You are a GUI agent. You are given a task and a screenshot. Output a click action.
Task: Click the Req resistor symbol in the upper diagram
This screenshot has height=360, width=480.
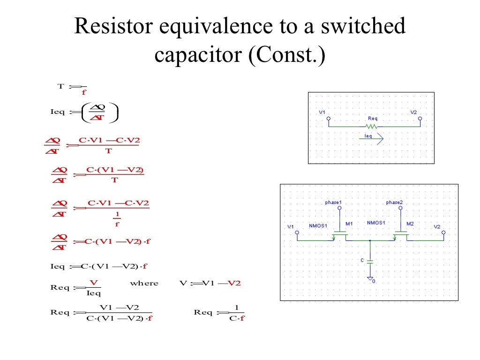pos(372,127)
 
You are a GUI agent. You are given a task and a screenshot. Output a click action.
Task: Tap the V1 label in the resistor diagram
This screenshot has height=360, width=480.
pos(322,112)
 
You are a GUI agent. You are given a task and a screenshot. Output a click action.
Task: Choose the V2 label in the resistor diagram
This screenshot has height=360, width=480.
pos(413,112)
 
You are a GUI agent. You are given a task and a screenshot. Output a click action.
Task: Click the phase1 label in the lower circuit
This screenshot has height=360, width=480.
pos(333,202)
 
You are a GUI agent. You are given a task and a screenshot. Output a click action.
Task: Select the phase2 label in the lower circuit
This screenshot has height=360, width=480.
pos(394,202)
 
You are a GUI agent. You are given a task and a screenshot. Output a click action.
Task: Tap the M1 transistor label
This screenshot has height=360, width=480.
pos(349,224)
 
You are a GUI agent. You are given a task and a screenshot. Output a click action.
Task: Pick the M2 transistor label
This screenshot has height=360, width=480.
pos(410,224)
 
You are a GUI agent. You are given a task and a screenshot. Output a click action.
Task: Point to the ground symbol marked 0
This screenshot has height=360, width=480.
pos(370,279)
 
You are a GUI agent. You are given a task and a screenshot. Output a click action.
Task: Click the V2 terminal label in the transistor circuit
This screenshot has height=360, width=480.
pos(437,227)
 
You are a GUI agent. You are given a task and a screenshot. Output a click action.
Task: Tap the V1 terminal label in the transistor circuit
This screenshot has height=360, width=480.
pos(290,227)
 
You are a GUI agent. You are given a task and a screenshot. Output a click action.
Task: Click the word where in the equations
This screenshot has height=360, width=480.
pos(144,284)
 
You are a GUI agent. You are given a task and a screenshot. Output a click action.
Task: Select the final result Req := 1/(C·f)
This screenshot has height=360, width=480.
pos(220,313)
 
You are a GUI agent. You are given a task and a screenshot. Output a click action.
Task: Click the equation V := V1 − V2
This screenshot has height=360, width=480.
pos(210,284)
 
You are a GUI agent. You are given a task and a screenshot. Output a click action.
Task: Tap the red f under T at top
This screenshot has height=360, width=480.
pos(84,92)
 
